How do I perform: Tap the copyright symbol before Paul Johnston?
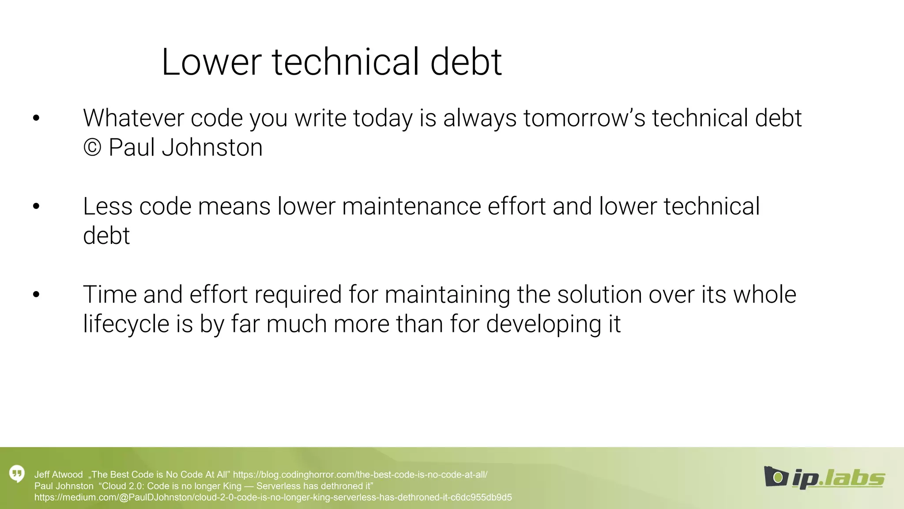point(92,147)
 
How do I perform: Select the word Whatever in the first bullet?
point(133,118)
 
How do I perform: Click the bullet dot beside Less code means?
point(36,206)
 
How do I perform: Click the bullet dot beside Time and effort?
point(36,295)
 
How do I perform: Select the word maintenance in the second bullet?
point(411,206)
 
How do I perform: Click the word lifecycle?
point(126,324)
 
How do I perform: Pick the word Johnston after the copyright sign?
point(212,147)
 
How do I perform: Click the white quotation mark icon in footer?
point(17,474)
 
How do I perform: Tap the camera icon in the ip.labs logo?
point(776,476)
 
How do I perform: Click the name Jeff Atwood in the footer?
point(58,475)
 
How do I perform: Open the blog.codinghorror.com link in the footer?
point(360,475)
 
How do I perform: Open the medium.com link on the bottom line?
point(273,498)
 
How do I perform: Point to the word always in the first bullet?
point(480,118)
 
